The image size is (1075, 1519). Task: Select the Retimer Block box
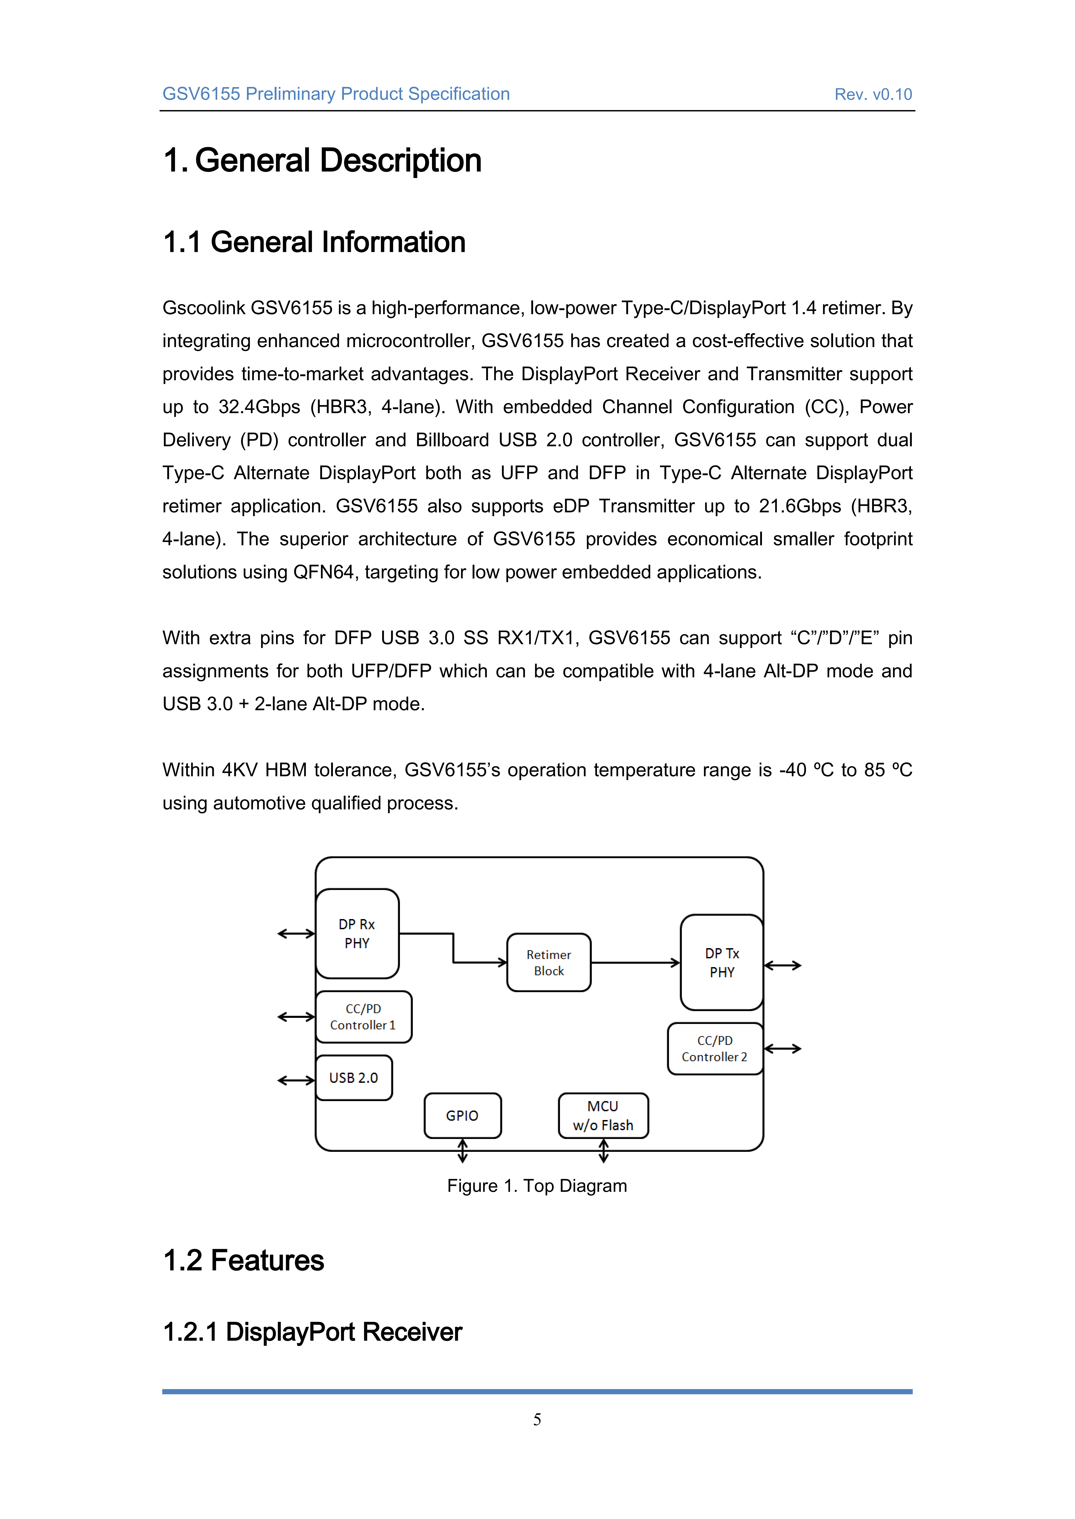(x=549, y=963)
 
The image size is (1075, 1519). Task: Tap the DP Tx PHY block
(x=722, y=963)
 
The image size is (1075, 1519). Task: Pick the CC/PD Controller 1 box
(x=363, y=1017)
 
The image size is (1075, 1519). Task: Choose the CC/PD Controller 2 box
(x=715, y=1049)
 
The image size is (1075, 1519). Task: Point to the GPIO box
(x=462, y=1116)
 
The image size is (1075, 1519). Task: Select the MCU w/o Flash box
(x=603, y=1116)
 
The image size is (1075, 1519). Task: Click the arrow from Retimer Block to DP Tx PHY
(x=636, y=963)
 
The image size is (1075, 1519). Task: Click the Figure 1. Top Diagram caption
(x=537, y=1186)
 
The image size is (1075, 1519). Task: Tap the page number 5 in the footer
(x=537, y=1419)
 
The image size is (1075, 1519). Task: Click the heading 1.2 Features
(x=244, y=1260)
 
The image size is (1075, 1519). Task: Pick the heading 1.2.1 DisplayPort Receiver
(x=312, y=1332)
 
